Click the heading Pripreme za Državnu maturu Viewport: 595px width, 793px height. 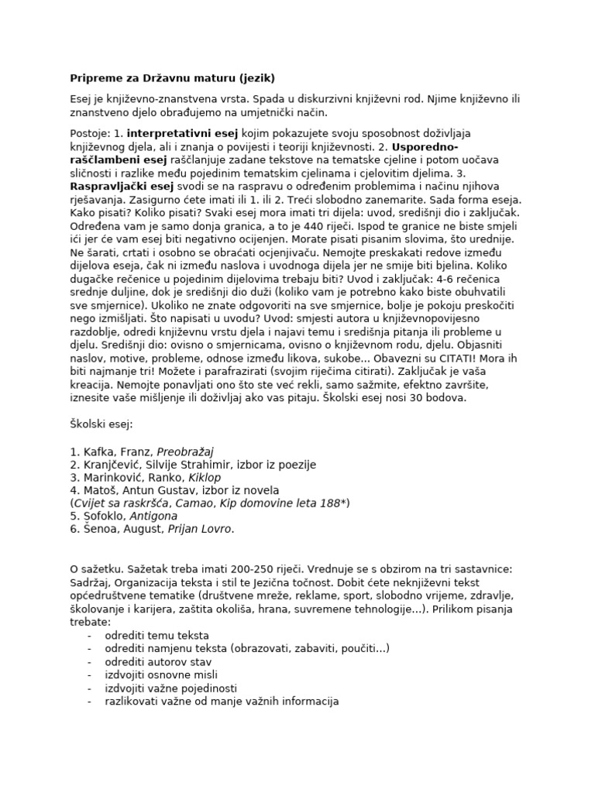click(172, 78)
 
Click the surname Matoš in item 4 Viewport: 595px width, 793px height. click(101, 491)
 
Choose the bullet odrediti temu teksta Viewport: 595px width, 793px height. click(157, 636)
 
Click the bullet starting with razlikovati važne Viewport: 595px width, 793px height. click(222, 702)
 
